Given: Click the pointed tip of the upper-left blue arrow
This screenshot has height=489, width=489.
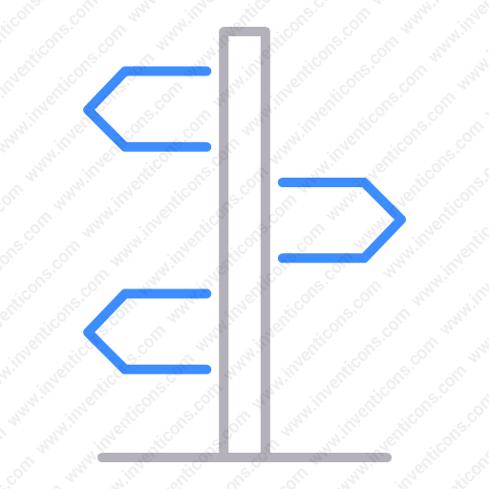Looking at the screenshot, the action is pyautogui.click(x=85, y=110).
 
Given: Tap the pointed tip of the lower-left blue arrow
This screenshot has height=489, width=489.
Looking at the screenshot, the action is pyautogui.click(x=85, y=332).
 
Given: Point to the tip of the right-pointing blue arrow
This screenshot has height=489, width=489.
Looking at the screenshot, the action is pyautogui.click(x=404, y=220).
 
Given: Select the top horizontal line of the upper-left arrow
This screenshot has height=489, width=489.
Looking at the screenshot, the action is pyautogui.click(x=167, y=71).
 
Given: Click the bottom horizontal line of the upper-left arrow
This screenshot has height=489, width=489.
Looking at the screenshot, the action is pyautogui.click(x=167, y=147).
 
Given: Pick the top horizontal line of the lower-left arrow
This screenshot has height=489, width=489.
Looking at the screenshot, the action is pyautogui.click(x=167, y=293).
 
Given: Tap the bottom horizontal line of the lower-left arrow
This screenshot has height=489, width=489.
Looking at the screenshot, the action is pyautogui.click(x=167, y=370).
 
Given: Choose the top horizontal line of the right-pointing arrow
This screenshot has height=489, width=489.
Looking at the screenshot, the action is pyautogui.click(x=322, y=182).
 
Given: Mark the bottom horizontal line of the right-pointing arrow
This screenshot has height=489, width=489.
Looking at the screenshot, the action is pyautogui.click(x=322, y=258).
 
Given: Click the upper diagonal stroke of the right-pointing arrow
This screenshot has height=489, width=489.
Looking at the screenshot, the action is pyautogui.click(x=384, y=201).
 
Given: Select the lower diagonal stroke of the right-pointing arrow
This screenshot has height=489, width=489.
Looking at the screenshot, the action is pyautogui.click(x=384, y=239).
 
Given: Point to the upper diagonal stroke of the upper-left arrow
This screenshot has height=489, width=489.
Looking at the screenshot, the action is pyautogui.click(x=106, y=90).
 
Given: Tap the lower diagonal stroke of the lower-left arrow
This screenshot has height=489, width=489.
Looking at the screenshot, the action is pyautogui.click(x=106, y=351).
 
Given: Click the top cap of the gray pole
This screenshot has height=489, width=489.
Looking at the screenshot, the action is pyautogui.click(x=244, y=32).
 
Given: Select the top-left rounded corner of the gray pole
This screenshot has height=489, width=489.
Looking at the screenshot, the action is pyautogui.click(x=223, y=30).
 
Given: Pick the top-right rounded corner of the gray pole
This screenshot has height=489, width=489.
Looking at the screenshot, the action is pyautogui.click(x=267, y=30).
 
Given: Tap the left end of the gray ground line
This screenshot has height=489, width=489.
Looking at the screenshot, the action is pyautogui.click(x=101, y=457).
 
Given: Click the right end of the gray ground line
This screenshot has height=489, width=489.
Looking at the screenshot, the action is pyautogui.click(x=388, y=457).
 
